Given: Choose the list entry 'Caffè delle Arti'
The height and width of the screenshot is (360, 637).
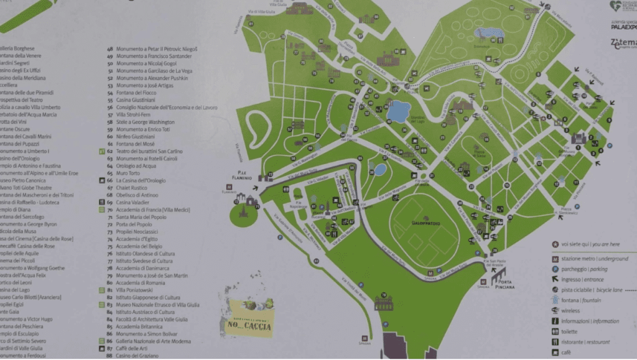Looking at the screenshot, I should click(x=132, y=348).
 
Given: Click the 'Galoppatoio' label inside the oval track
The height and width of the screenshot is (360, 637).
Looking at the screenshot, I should click(x=425, y=223).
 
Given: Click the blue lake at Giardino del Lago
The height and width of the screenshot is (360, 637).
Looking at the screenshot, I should click(x=398, y=111).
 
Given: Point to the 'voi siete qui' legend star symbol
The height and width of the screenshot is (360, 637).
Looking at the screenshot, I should click(x=554, y=245).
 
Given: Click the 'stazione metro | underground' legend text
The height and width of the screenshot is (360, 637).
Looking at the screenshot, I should click(x=595, y=259).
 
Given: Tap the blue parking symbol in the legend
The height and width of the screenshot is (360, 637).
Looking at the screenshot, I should click(x=554, y=269).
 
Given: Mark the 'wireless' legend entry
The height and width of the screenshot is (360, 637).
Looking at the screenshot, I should click(x=571, y=310).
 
